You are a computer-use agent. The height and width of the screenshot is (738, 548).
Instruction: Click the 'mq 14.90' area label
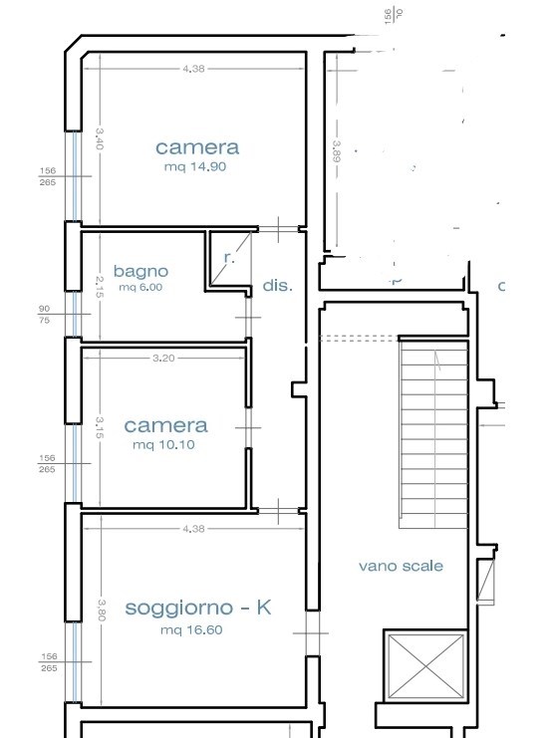click(196, 167)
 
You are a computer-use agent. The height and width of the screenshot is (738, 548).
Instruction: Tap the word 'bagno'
click(140, 271)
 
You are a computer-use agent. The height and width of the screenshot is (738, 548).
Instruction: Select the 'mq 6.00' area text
click(140, 287)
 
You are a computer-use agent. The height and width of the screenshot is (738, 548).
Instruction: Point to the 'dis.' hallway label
click(278, 286)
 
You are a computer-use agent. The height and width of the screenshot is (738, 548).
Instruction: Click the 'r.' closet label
click(228, 257)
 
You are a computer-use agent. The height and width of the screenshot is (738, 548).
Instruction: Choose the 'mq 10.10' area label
click(165, 444)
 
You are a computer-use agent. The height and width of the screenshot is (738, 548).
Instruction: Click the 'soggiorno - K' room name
click(197, 608)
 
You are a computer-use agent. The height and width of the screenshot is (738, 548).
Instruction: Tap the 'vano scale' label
click(401, 566)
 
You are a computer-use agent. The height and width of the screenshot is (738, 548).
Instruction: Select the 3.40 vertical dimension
click(100, 136)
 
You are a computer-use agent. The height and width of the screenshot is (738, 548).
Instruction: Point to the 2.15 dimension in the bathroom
click(100, 287)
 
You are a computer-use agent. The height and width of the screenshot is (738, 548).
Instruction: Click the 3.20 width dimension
click(164, 358)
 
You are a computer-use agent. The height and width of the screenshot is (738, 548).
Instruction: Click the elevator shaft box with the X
click(424, 665)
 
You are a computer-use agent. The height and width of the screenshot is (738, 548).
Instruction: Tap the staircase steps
click(432, 428)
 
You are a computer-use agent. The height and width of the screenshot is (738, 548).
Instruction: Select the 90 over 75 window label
click(44, 315)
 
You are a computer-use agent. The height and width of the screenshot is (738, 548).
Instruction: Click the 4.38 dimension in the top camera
click(193, 68)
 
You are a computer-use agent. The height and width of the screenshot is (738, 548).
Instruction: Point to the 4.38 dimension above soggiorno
click(193, 528)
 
